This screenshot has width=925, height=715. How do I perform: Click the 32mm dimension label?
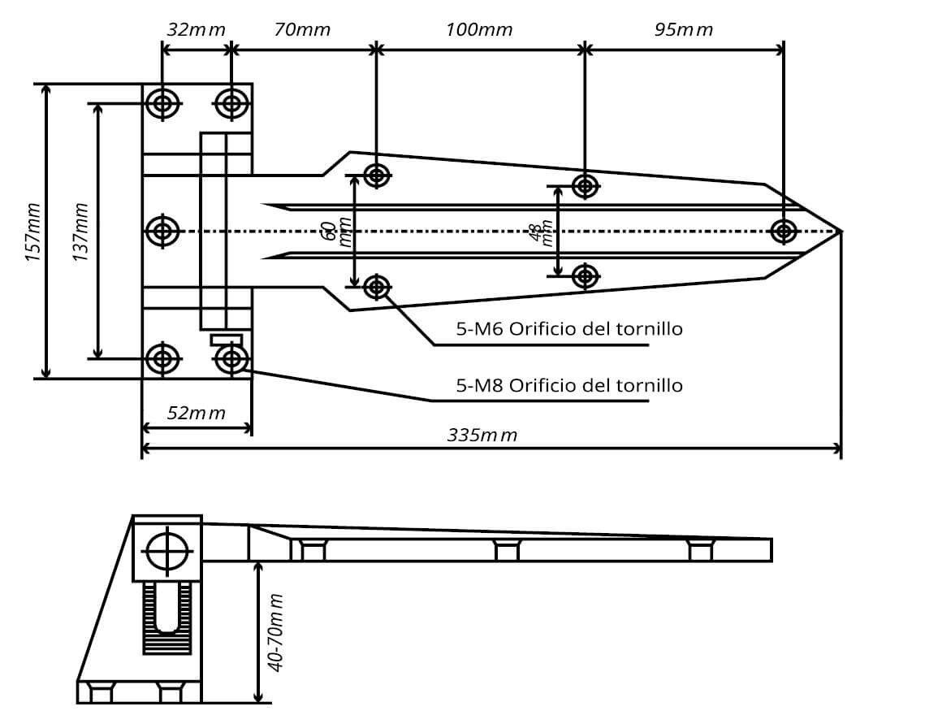[196, 30]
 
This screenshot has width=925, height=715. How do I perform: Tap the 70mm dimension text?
[302, 30]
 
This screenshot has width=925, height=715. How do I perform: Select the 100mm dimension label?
[479, 30]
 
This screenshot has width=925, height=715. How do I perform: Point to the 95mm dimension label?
[683, 30]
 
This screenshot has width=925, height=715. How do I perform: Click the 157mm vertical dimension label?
[33, 232]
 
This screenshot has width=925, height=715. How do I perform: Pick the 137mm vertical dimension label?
[80, 232]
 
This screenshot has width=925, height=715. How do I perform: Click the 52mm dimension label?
[196, 413]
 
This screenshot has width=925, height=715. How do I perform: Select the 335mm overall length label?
[482, 435]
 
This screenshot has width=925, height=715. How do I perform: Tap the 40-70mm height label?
[276, 632]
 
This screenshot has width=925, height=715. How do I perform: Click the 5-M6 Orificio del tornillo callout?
[568, 329]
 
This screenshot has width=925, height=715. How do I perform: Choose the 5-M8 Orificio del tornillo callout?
[568, 385]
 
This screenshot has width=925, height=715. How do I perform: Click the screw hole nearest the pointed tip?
[783, 232]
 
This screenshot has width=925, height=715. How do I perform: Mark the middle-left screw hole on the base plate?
[163, 232]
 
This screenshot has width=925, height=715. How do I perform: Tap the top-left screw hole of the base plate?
[163, 104]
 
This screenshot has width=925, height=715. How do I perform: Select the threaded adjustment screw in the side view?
[167, 617]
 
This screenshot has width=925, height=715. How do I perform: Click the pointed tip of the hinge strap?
[839, 232]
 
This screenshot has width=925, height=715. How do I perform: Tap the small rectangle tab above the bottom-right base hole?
[226, 340]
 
